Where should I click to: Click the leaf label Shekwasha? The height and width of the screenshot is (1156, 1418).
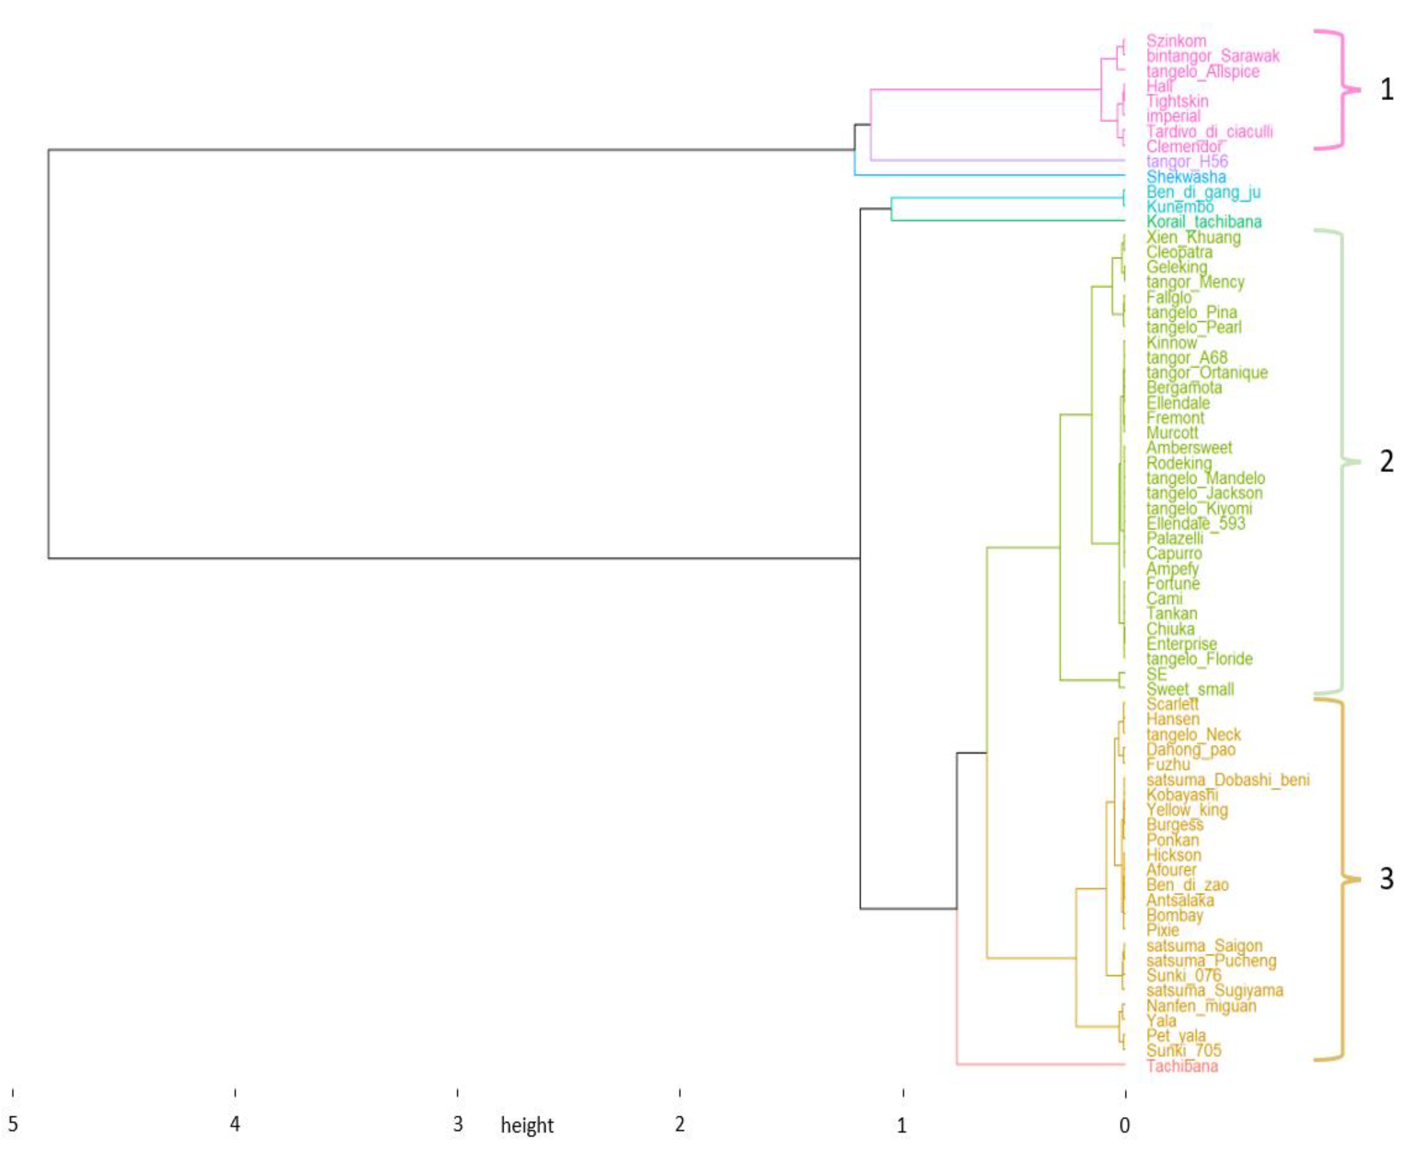click(x=1186, y=177)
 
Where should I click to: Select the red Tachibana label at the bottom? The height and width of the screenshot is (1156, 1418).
click(x=1182, y=1066)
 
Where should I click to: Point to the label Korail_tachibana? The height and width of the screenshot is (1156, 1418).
click(x=1203, y=222)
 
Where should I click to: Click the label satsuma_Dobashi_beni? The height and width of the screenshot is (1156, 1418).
click(x=1227, y=780)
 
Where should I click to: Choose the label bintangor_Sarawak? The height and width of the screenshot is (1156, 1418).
click(x=1212, y=57)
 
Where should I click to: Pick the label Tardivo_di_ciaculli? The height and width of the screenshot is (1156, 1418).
click(x=1209, y=132)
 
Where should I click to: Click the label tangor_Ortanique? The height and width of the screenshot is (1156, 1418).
click(x=1207, y=373)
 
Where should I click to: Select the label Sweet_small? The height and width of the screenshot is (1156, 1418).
click(x=1190, y=689)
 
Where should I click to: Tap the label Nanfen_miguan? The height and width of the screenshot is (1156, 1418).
click(x=1201, y=1006)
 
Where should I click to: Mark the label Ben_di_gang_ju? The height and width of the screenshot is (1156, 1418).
click(x=1203, y=192)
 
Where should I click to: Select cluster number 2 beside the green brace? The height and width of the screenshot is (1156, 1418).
click(x=1386, y=461)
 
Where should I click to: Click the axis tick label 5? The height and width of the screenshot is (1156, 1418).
click(x=13, y=1125)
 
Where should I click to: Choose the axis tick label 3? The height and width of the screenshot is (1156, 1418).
click(x=457, y=1125)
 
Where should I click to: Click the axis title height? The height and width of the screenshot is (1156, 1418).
click(x=527, y=1126)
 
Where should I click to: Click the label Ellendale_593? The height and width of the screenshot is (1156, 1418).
click(x=1195, y=523)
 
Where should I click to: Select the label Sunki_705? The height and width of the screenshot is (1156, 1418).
click(x=1183, y=1051)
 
